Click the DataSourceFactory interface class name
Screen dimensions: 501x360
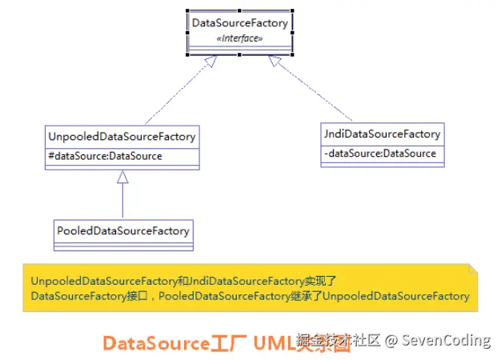pyautogui.click(x=239, y=23)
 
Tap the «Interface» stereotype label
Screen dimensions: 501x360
pyautogui.click(x=239, y=38)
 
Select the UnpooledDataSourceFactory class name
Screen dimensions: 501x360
pyautogui.click(x=121, y=137)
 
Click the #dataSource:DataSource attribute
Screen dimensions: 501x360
pyautogui.click(x=105, y=156)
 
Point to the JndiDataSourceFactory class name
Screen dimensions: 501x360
pyautogui.click(x=382, y=134)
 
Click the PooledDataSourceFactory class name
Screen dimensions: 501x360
pyautogui.click(x=123, y=230)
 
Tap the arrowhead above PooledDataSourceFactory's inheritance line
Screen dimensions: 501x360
pyautogui.click(x=122, y=178)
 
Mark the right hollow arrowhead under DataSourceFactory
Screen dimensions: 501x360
pyautogui.click(x=275, y=61)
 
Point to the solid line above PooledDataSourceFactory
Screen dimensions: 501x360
pyautogui.click(x=122, y=200)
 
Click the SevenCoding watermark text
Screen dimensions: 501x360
pyautogui.click(x=446, y=341)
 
